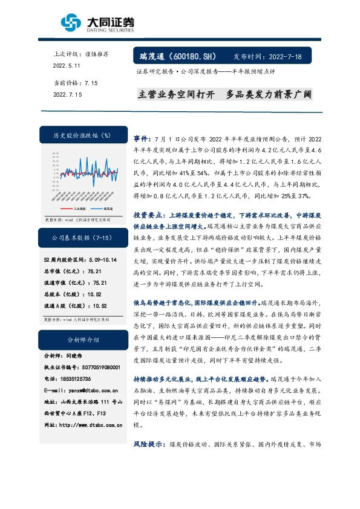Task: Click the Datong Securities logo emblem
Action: (x=71, y=24)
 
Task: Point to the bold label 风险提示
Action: (x=147, y=444)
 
